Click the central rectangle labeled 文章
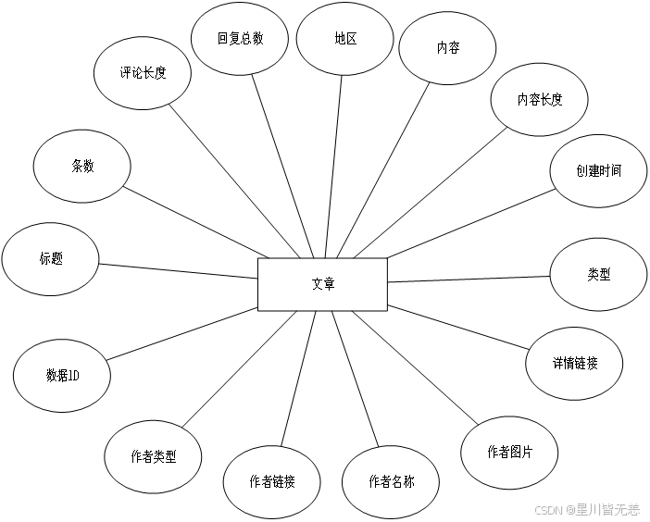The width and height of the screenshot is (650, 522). (322, 284)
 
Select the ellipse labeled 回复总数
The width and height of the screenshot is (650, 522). (240, 39)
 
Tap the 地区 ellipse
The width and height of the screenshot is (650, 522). (345, 39)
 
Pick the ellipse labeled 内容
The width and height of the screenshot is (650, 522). (446, 48)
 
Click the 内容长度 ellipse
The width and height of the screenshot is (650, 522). (540, 100)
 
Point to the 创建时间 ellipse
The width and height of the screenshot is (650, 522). (598, 171)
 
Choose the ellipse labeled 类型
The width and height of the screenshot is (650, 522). (598, 275)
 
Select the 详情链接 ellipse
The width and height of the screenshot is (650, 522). (574, 363)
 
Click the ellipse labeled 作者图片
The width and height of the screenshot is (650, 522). (509, 452)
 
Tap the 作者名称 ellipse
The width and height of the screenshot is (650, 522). (391, 481)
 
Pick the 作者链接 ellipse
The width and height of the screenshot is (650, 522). (272, 481)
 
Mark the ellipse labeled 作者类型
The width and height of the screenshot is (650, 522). (154, 457)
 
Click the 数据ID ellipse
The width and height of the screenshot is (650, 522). (62, 376)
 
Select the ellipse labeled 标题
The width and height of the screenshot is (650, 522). (51, 259)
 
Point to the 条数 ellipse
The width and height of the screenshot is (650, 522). (82, 167)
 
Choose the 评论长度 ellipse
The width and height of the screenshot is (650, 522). (144, 73)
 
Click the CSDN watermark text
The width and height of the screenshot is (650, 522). (549, 508)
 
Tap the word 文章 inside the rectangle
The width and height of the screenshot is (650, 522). (322, 284)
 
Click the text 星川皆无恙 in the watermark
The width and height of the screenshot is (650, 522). (607, 508)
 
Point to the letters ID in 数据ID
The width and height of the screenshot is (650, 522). (74, 376)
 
